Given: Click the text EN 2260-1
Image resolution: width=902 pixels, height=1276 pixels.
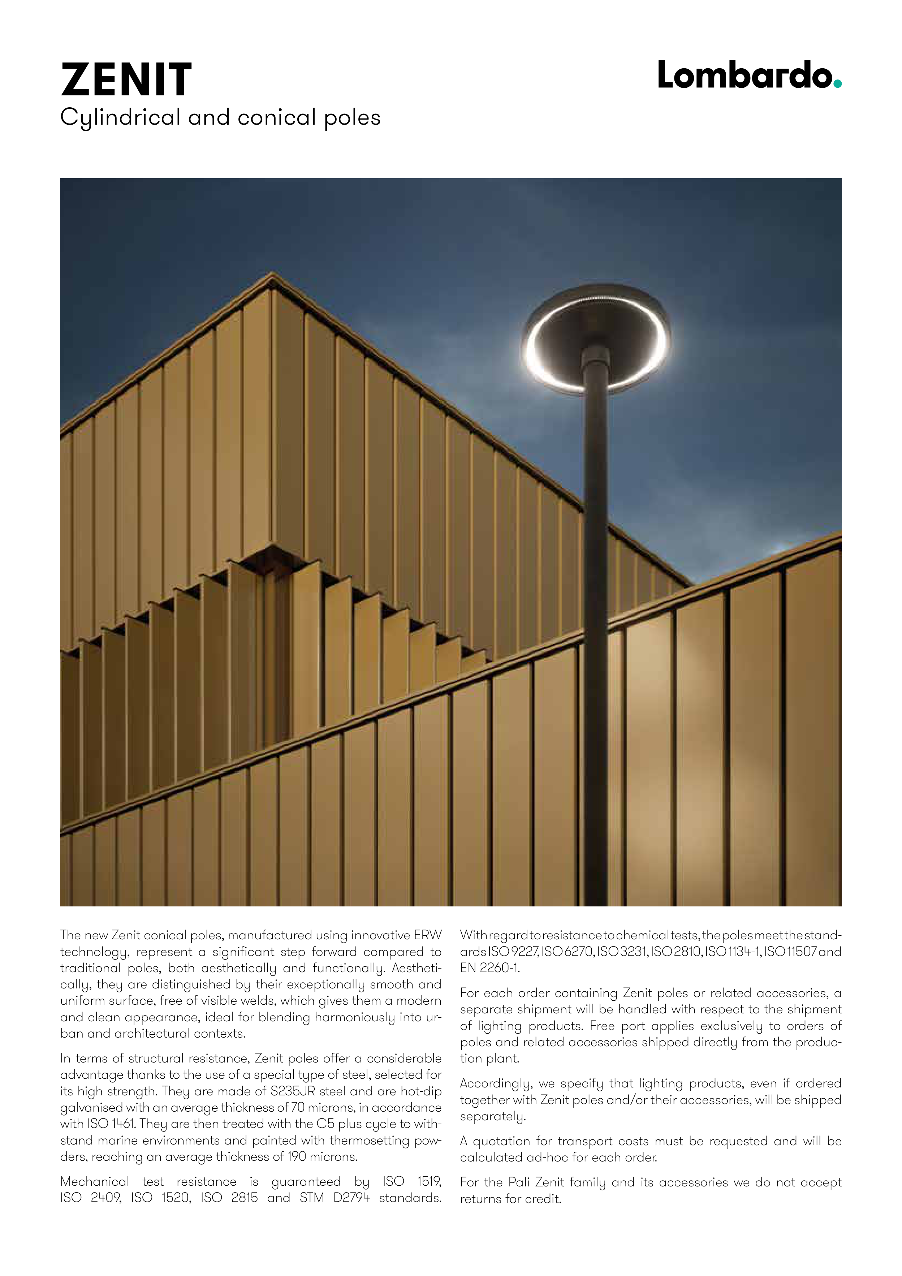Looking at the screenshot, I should coord(489,968).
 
